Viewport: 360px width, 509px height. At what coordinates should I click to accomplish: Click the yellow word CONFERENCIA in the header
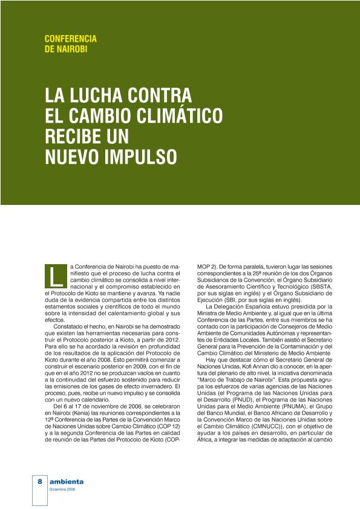(x=71, y=39)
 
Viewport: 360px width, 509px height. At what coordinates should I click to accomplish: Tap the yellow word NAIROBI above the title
(x=73, y=49)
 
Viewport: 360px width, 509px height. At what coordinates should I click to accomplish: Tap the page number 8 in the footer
(x=39, y=481)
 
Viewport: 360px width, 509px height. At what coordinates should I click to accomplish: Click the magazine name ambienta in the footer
(x=67, y=481)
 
